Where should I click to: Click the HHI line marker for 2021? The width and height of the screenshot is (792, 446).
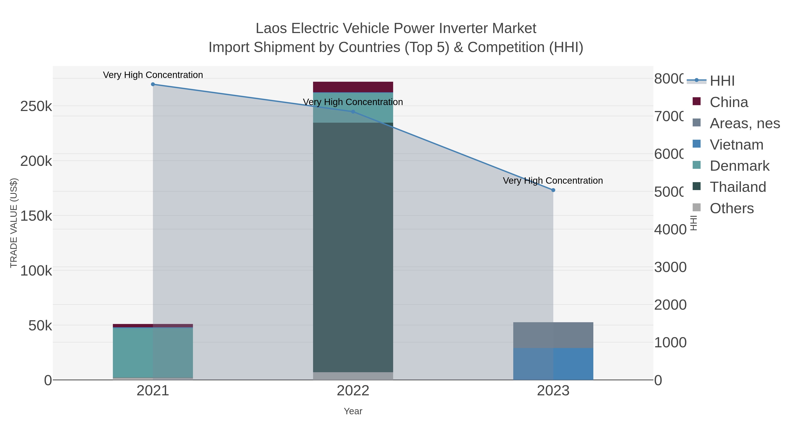pyautogui.click(x=153, y=84)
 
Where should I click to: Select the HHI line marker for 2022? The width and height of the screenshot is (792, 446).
pyautogui.click(x=353, y=112)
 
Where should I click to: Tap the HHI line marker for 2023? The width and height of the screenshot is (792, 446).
pyautogui.click(x=553, y=190)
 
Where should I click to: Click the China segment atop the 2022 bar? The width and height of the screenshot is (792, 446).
pyautogui.click(x=353, y=87)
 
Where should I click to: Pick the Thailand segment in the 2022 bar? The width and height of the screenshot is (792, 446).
pyautogui.click(x=353, y=246)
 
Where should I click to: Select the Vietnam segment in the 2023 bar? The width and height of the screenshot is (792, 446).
pyautogui.click(x=553, y=364)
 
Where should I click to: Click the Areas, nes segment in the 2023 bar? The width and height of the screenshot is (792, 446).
pyautogui.click(x=553, y=335)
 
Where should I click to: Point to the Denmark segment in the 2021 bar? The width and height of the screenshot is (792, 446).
pyautogui.click(x=153, y=352)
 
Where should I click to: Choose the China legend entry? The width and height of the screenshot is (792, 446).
pyautogui.click(x=729, y=102)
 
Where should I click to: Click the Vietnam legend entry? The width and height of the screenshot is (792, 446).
pyautogui.click(x=736, y=145)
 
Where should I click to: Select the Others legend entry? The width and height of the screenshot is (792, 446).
pyautogui.click(x=731, y=208)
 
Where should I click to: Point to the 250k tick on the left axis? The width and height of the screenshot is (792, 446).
pyautogui.click(x=36, y=107)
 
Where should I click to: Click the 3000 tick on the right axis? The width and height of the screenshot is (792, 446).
pyautogui.click(x=670, y=267)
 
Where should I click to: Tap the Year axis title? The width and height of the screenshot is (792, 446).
pyautogui.click(x=353, y=411)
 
